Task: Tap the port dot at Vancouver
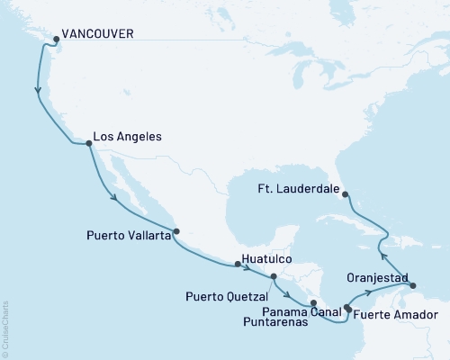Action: [x=57, y=39]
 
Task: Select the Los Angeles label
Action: [x=128, y=137]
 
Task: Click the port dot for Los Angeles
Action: [x=87, y=143]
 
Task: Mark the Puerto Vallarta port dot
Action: [x=176, y=230]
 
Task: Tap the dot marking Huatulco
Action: [x=238, y=264]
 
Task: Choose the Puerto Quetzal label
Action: [x=229, y=294]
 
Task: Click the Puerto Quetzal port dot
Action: [x=274, y=277]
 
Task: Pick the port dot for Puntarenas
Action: [x=313, y=303]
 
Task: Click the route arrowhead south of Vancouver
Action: [x=38, y=90]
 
